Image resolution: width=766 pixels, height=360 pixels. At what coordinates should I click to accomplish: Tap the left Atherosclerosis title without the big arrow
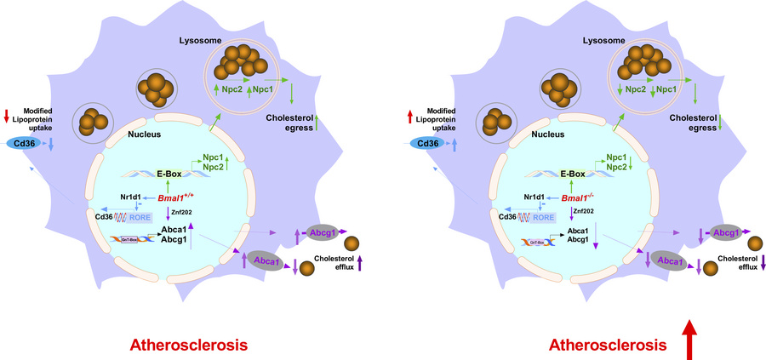pyautogui.click(x=188, y=346)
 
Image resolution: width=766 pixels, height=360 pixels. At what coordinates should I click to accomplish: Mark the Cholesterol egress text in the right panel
pyautogui.click(x=692, y=122)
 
